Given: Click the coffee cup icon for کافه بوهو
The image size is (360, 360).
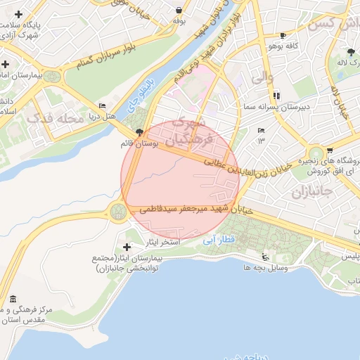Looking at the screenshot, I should tap(283, 35).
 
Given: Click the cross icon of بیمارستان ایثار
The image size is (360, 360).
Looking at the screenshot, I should tap(127, 247).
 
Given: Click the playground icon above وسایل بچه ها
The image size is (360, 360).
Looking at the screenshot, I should tap(264, 257).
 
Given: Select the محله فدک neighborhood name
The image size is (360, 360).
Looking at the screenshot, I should tap(54, 120).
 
